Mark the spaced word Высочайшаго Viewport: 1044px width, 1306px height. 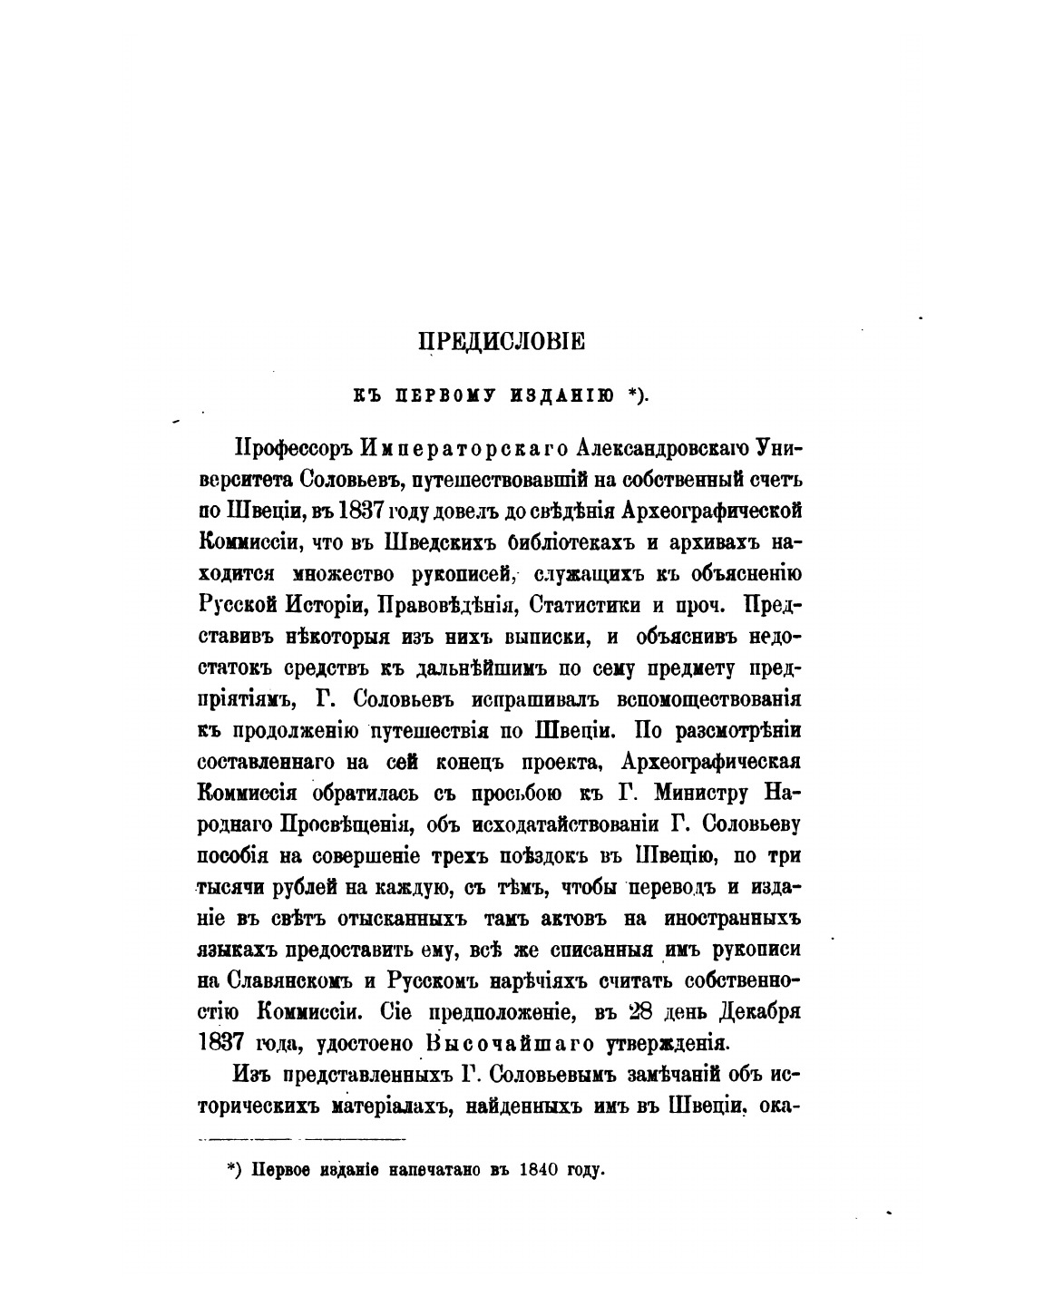point(511,1044)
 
